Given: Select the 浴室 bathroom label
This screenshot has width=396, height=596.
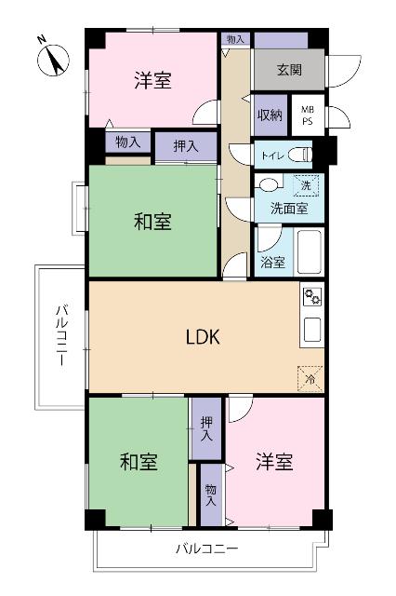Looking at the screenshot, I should tap(272, 263).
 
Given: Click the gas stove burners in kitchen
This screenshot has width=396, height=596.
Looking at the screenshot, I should tap(312, 298).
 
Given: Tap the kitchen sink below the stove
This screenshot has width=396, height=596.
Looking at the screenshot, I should tap(312, 330).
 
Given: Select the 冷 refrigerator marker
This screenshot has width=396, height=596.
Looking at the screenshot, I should tap(310, 378).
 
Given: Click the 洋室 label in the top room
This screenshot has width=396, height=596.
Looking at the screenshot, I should tap(152, 81).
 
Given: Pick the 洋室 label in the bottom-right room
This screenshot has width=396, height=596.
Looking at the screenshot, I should tap(274, 462).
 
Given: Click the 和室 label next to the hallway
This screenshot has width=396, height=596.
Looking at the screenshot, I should tap(152, 222).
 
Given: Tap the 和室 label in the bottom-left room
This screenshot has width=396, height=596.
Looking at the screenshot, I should tap(139, 461).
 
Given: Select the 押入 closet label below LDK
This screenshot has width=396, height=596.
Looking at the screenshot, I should tap(207, 429).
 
